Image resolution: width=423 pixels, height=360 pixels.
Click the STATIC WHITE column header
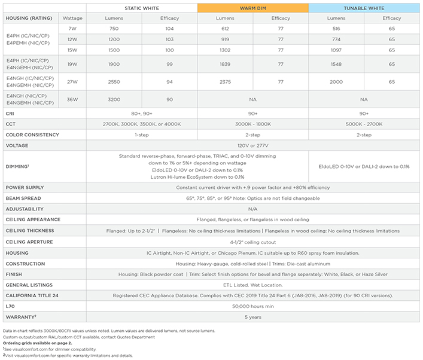coord(142,8)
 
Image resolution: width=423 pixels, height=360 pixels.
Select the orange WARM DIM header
coord(253,8)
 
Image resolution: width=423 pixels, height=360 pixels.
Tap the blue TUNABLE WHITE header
coord(364,8)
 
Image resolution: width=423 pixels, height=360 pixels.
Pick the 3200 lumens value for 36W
coord(114,99)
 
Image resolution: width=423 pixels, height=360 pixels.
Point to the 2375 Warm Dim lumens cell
coord(226,81)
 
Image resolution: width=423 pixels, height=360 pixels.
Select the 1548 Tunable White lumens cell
coord(336,64)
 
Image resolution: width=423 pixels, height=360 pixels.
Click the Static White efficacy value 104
coord(170,29)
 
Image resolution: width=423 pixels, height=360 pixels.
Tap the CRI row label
coord(10,113)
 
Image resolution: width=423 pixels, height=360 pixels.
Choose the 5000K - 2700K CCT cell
coord(364,124)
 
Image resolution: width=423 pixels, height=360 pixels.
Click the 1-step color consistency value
coord(142,135)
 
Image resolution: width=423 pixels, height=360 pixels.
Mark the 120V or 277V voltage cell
coord(253,145)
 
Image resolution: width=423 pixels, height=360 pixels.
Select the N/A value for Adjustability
coord(253,209)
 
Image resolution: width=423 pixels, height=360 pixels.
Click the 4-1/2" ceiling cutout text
coord(253,242)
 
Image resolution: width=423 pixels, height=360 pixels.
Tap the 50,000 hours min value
coord(253,306)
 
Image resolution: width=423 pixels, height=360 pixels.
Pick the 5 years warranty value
coord(253,317)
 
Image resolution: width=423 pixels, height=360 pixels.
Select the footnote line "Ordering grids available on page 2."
coord(37,343)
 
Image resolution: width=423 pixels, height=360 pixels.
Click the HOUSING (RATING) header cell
coord(28,18)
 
